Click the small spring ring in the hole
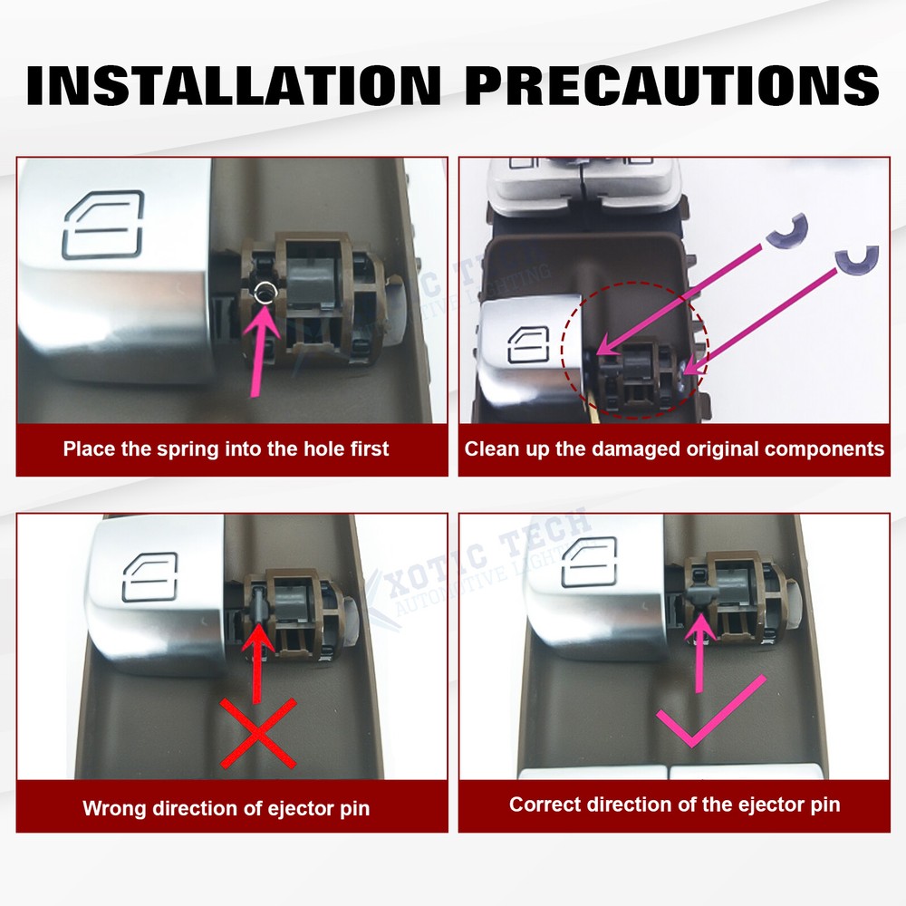click(x=264, y=291)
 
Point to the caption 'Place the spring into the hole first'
click(x=226, y=448)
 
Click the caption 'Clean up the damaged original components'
click(x=674, y=448)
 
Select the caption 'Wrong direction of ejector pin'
click(x=226, y=807)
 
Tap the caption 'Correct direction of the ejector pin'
click(x=674, y=804)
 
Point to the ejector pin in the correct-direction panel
click(x=699, y=593)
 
